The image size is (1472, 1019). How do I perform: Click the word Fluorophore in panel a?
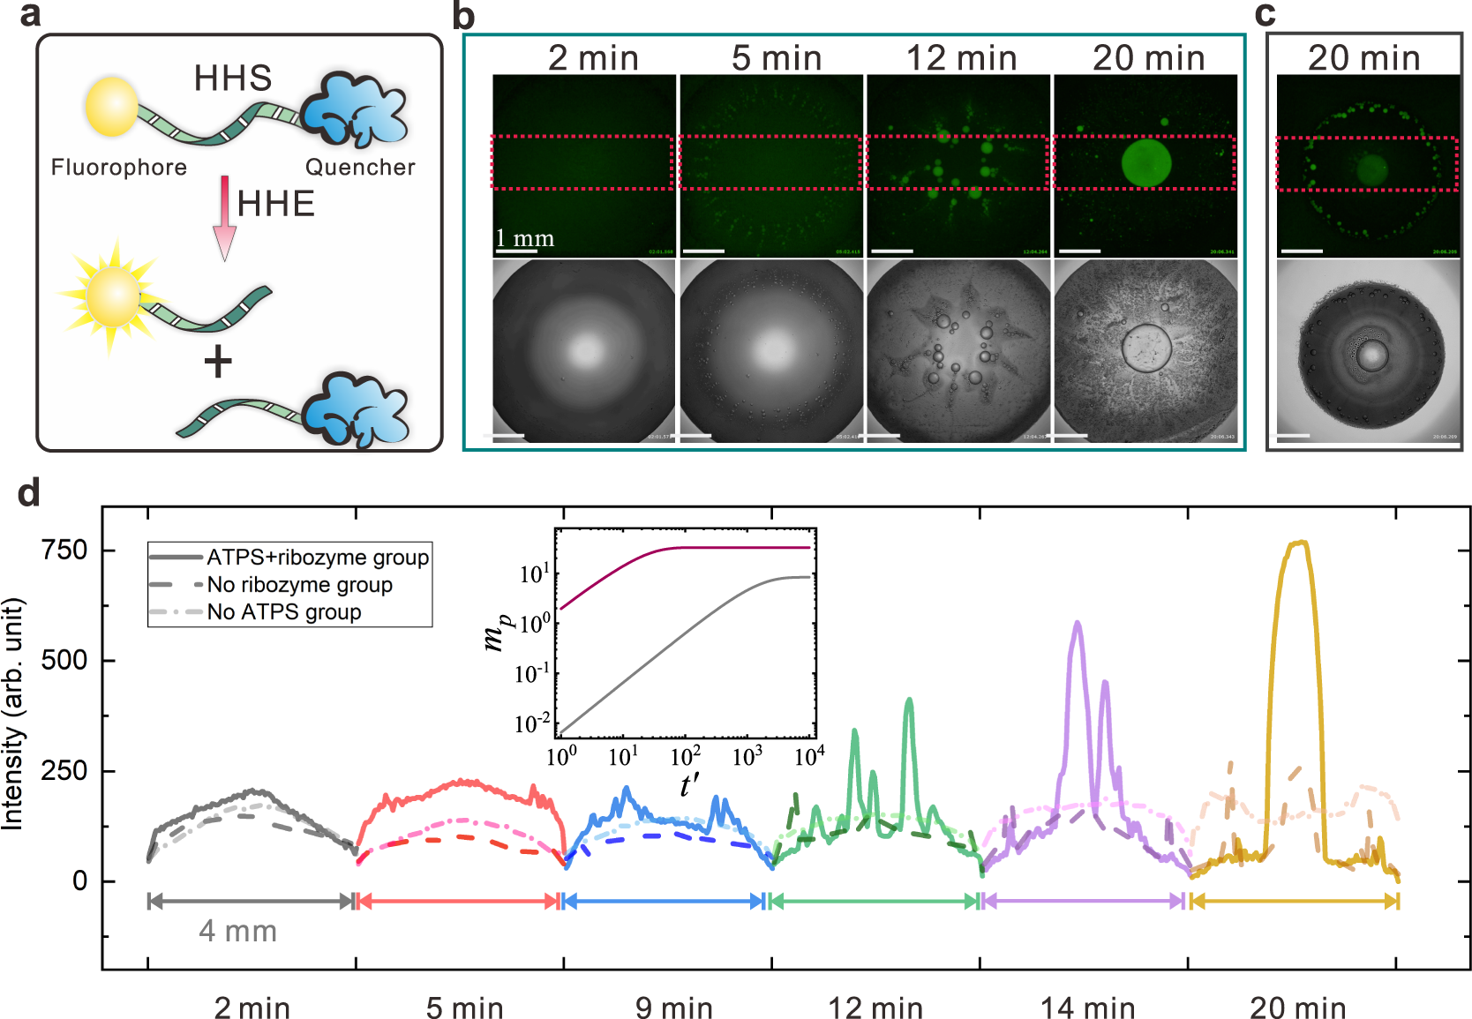pos(118,168)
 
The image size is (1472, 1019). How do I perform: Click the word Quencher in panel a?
pos(360,168)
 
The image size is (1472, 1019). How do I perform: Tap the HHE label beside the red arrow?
pos(275,205)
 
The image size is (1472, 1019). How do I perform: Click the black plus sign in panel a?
pos(218,362)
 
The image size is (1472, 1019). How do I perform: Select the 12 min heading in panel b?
pos(961,58)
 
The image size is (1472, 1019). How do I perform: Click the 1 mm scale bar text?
pos(524,238)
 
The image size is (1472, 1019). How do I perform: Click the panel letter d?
pos(28,492)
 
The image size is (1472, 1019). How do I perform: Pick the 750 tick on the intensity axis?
pos(65,550)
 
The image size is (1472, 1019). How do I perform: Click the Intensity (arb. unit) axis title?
pos(12,715)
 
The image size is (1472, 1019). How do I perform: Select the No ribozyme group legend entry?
pos(299,585)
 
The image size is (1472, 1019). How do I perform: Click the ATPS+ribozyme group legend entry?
pos(317,558)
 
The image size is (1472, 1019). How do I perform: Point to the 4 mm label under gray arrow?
pos(237,932)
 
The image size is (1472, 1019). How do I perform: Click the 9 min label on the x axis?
pos(673,1008)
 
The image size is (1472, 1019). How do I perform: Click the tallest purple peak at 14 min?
pos(1077,624)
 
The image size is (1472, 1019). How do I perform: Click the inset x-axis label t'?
pos(689,783)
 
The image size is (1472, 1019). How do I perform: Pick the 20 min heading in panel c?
pos(1363,58)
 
